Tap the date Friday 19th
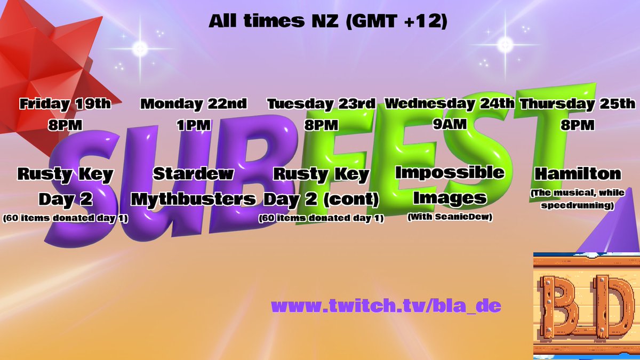[x=65, y=103]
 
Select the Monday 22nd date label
[x=194, y=103]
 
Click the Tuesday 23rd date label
[x=321, y=103]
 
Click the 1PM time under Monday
[x=194, y=126]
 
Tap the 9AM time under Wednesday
[x=450, y=125]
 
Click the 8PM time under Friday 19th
[x=65, y=126]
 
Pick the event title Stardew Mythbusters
[x=194, y=187]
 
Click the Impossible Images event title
[x=450, y=185]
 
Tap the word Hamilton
[x=578, y=174]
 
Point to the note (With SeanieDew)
[x=450, y=217]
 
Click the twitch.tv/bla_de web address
[x=386, y=307]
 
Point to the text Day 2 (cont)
[x=321, y=199]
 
